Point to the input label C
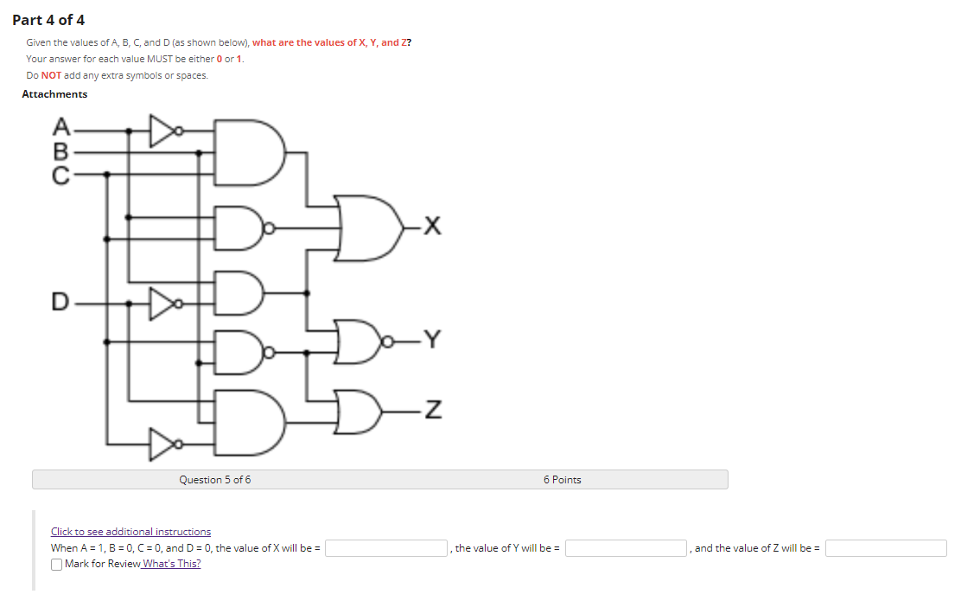tap(60, 174)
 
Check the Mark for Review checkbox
tap(56, 565)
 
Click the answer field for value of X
tap(385, 548)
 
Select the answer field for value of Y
tap(627, 548)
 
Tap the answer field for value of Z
tap(886, 548)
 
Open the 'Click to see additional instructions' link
tap(130, 532)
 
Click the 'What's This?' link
tap(172, 564)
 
